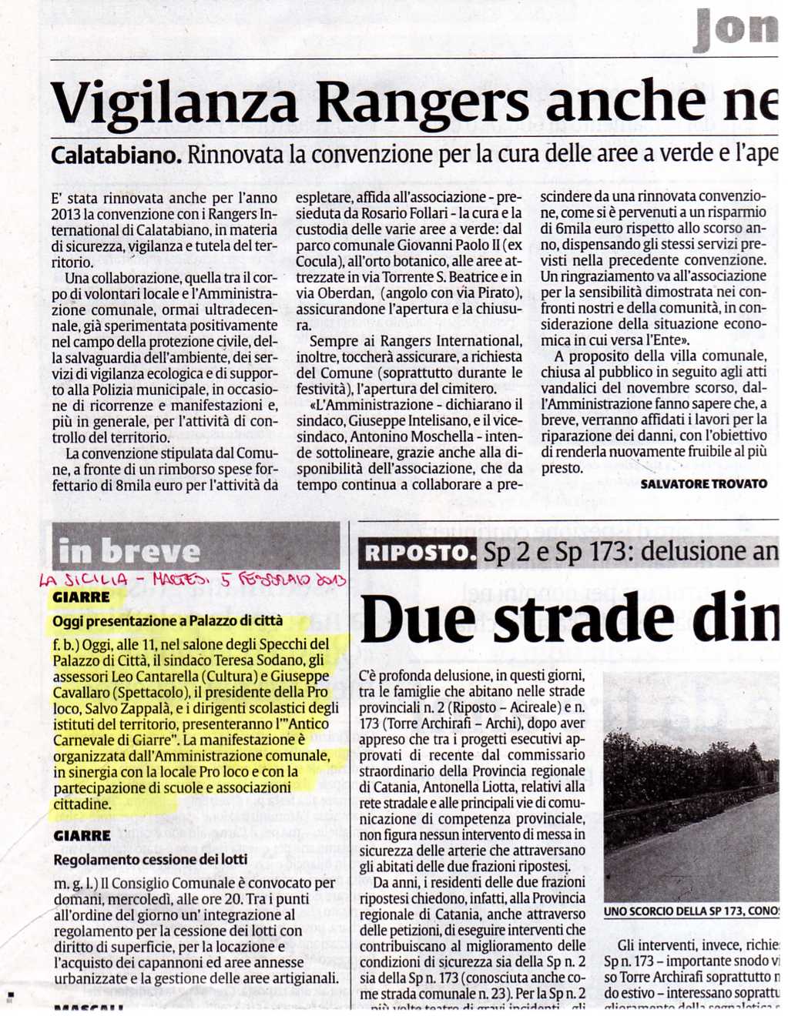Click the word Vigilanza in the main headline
click(x=174, y=102)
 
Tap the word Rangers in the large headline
click(x=423, y=102)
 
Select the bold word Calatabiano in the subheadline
click(x=116, y=155)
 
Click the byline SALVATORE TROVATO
click(x=703, y=483)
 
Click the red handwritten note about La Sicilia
click(x=193, y=580)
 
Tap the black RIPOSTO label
click(x=417, y=553)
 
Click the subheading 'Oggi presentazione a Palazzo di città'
click(x=167, y=620)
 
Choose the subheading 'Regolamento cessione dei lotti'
click(x=150, y=859)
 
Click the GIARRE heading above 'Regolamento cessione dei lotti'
click(x=82, y=835)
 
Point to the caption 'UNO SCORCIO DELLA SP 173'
click(x=691, y=911)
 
